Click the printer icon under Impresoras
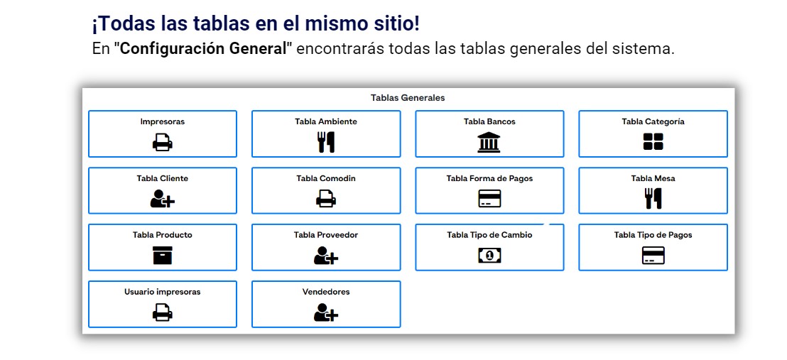[163, 143]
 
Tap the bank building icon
[489, 142]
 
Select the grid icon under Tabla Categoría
[653, 142]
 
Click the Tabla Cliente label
[163, 178]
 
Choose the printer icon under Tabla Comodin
[326, 199]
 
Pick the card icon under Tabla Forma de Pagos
[489, 199]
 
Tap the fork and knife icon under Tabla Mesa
[653, 198]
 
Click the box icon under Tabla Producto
[163, 256]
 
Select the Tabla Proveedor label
[326, 235]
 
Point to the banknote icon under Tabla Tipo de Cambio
[489, 256]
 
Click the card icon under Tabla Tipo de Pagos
[653, 256]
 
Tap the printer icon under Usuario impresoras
[163, 313]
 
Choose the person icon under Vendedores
[326, 313]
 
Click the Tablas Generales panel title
[408, 98]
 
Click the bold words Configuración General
[206, 49]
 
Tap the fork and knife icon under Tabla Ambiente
[326, 142]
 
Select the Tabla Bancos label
[489, 121]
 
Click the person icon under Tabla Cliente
[163, 199]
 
